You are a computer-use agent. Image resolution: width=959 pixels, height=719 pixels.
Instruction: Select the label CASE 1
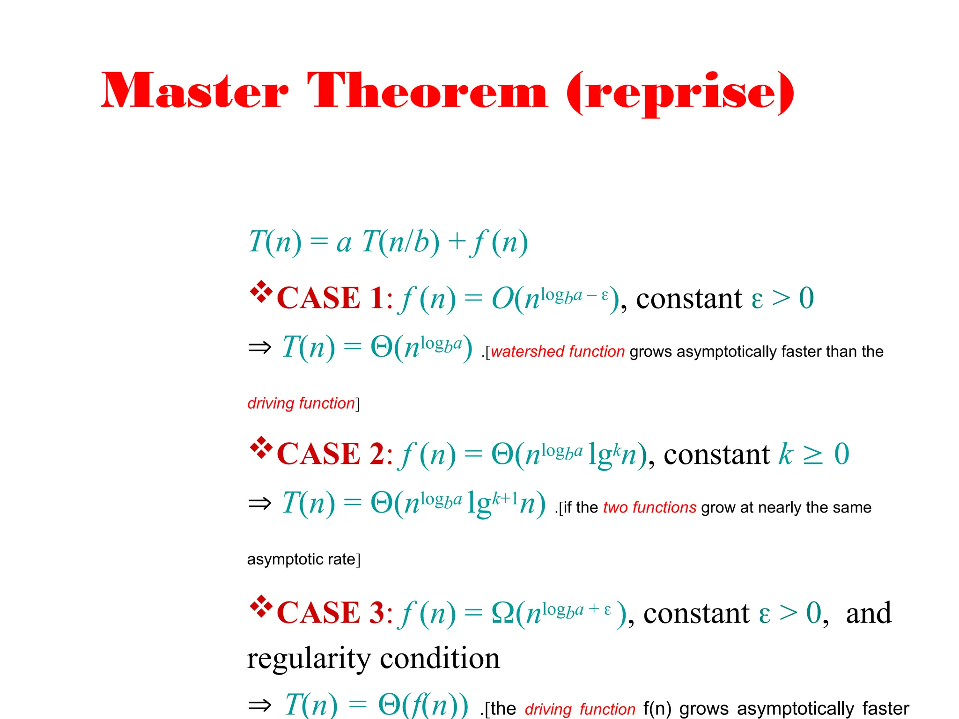(x=330, y=298)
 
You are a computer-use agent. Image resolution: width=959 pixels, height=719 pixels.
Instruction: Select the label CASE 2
(x=330, y=454)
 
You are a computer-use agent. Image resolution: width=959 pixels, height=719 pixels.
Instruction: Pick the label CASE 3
(x=330, y=613)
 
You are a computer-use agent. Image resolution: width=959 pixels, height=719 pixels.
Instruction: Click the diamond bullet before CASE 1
(x=261, y=292)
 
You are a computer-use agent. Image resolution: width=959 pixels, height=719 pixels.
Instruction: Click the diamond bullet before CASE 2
(x=261, y=448)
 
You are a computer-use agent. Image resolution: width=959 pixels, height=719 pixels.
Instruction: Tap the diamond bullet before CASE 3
(x=261, y=607)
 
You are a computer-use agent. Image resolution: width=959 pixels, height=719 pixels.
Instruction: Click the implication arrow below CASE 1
(x=259, y=347)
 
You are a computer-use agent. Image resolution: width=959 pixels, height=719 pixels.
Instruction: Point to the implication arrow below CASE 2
(x=259, y=504)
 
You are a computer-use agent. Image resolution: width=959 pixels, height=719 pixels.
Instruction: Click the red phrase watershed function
(x=558, y=352)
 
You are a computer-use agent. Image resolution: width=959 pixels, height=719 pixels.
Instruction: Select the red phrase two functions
(x=649, y=507)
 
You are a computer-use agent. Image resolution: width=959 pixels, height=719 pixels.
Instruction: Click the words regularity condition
(x=373, y=659)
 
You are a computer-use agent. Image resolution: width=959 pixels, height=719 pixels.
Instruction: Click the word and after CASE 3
(x=869, y=613)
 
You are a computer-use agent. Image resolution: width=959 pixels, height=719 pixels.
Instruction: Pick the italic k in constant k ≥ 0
(x=786, y=454)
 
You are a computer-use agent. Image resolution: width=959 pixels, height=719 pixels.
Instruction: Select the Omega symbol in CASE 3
(x=503, y=613)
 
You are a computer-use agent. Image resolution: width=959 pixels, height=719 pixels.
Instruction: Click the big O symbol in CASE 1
(x=502, y=299)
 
